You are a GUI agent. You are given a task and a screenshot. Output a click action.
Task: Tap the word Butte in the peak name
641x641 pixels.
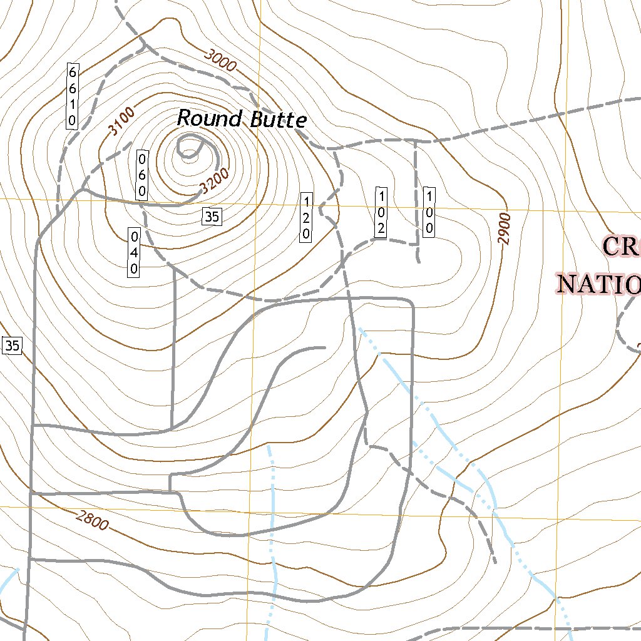coord(278,120)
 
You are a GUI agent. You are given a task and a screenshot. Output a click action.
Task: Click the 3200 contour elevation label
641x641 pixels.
coord(214,181)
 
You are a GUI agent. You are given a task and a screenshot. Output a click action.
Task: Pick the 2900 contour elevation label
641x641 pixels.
coord(505,228)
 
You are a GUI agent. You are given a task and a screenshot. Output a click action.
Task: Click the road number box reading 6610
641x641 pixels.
coord(73,95)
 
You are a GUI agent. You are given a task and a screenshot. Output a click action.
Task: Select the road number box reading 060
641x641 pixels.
coord(142,175)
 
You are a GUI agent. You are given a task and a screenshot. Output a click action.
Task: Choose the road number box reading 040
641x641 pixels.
coord(134,253)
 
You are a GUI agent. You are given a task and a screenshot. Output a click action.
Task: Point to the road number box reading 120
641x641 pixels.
coord(306,217)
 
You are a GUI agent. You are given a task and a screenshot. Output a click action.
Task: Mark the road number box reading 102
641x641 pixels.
coord(380,212)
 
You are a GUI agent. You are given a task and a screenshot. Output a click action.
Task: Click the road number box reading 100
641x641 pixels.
coord(429,212)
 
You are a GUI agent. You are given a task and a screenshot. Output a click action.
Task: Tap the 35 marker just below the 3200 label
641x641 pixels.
coord(212,217)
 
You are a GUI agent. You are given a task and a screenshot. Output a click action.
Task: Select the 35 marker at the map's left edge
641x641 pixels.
coord(12,345)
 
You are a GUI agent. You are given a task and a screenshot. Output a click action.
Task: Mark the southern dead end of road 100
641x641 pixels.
coord(418,261)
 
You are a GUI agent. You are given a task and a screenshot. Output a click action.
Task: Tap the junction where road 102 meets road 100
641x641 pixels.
coord(416,242)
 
